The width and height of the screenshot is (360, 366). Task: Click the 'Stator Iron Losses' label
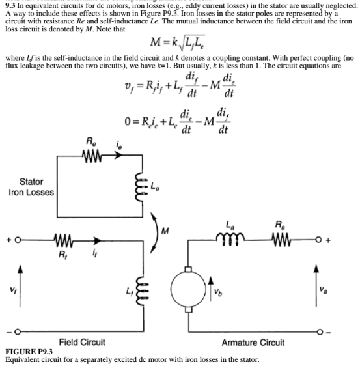point(32,186)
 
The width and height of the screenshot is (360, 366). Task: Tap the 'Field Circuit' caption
point(83,342)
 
